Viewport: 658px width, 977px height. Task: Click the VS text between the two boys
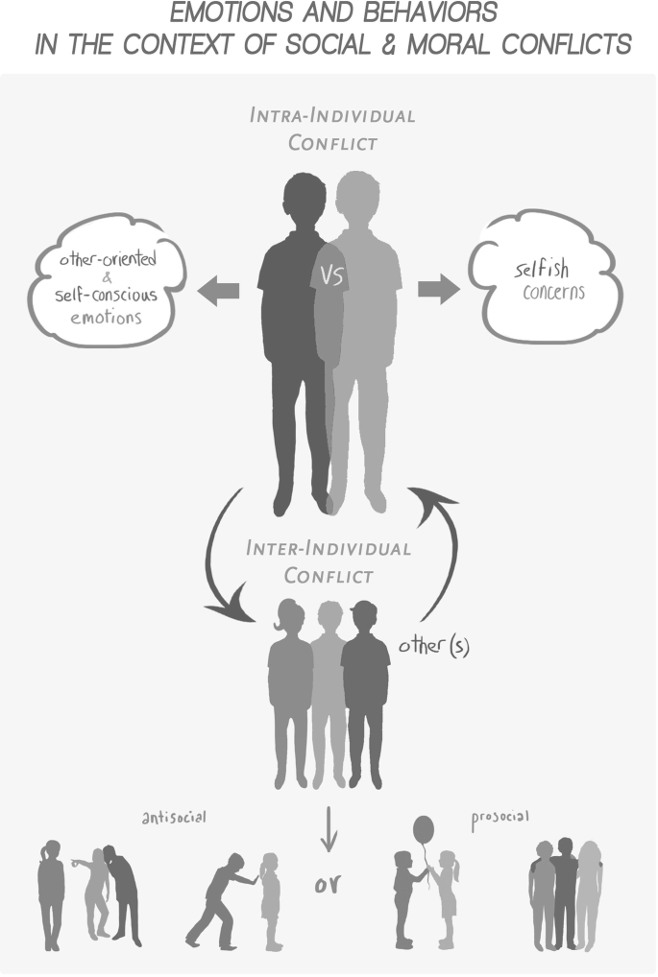[331, 276]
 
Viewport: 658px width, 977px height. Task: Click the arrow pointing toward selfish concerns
[439, 289]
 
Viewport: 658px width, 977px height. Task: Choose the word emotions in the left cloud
[107, 316]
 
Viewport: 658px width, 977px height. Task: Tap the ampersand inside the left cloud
[107, 278]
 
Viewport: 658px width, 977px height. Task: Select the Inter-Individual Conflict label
[329, 561]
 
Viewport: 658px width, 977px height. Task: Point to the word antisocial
[174, 818]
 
